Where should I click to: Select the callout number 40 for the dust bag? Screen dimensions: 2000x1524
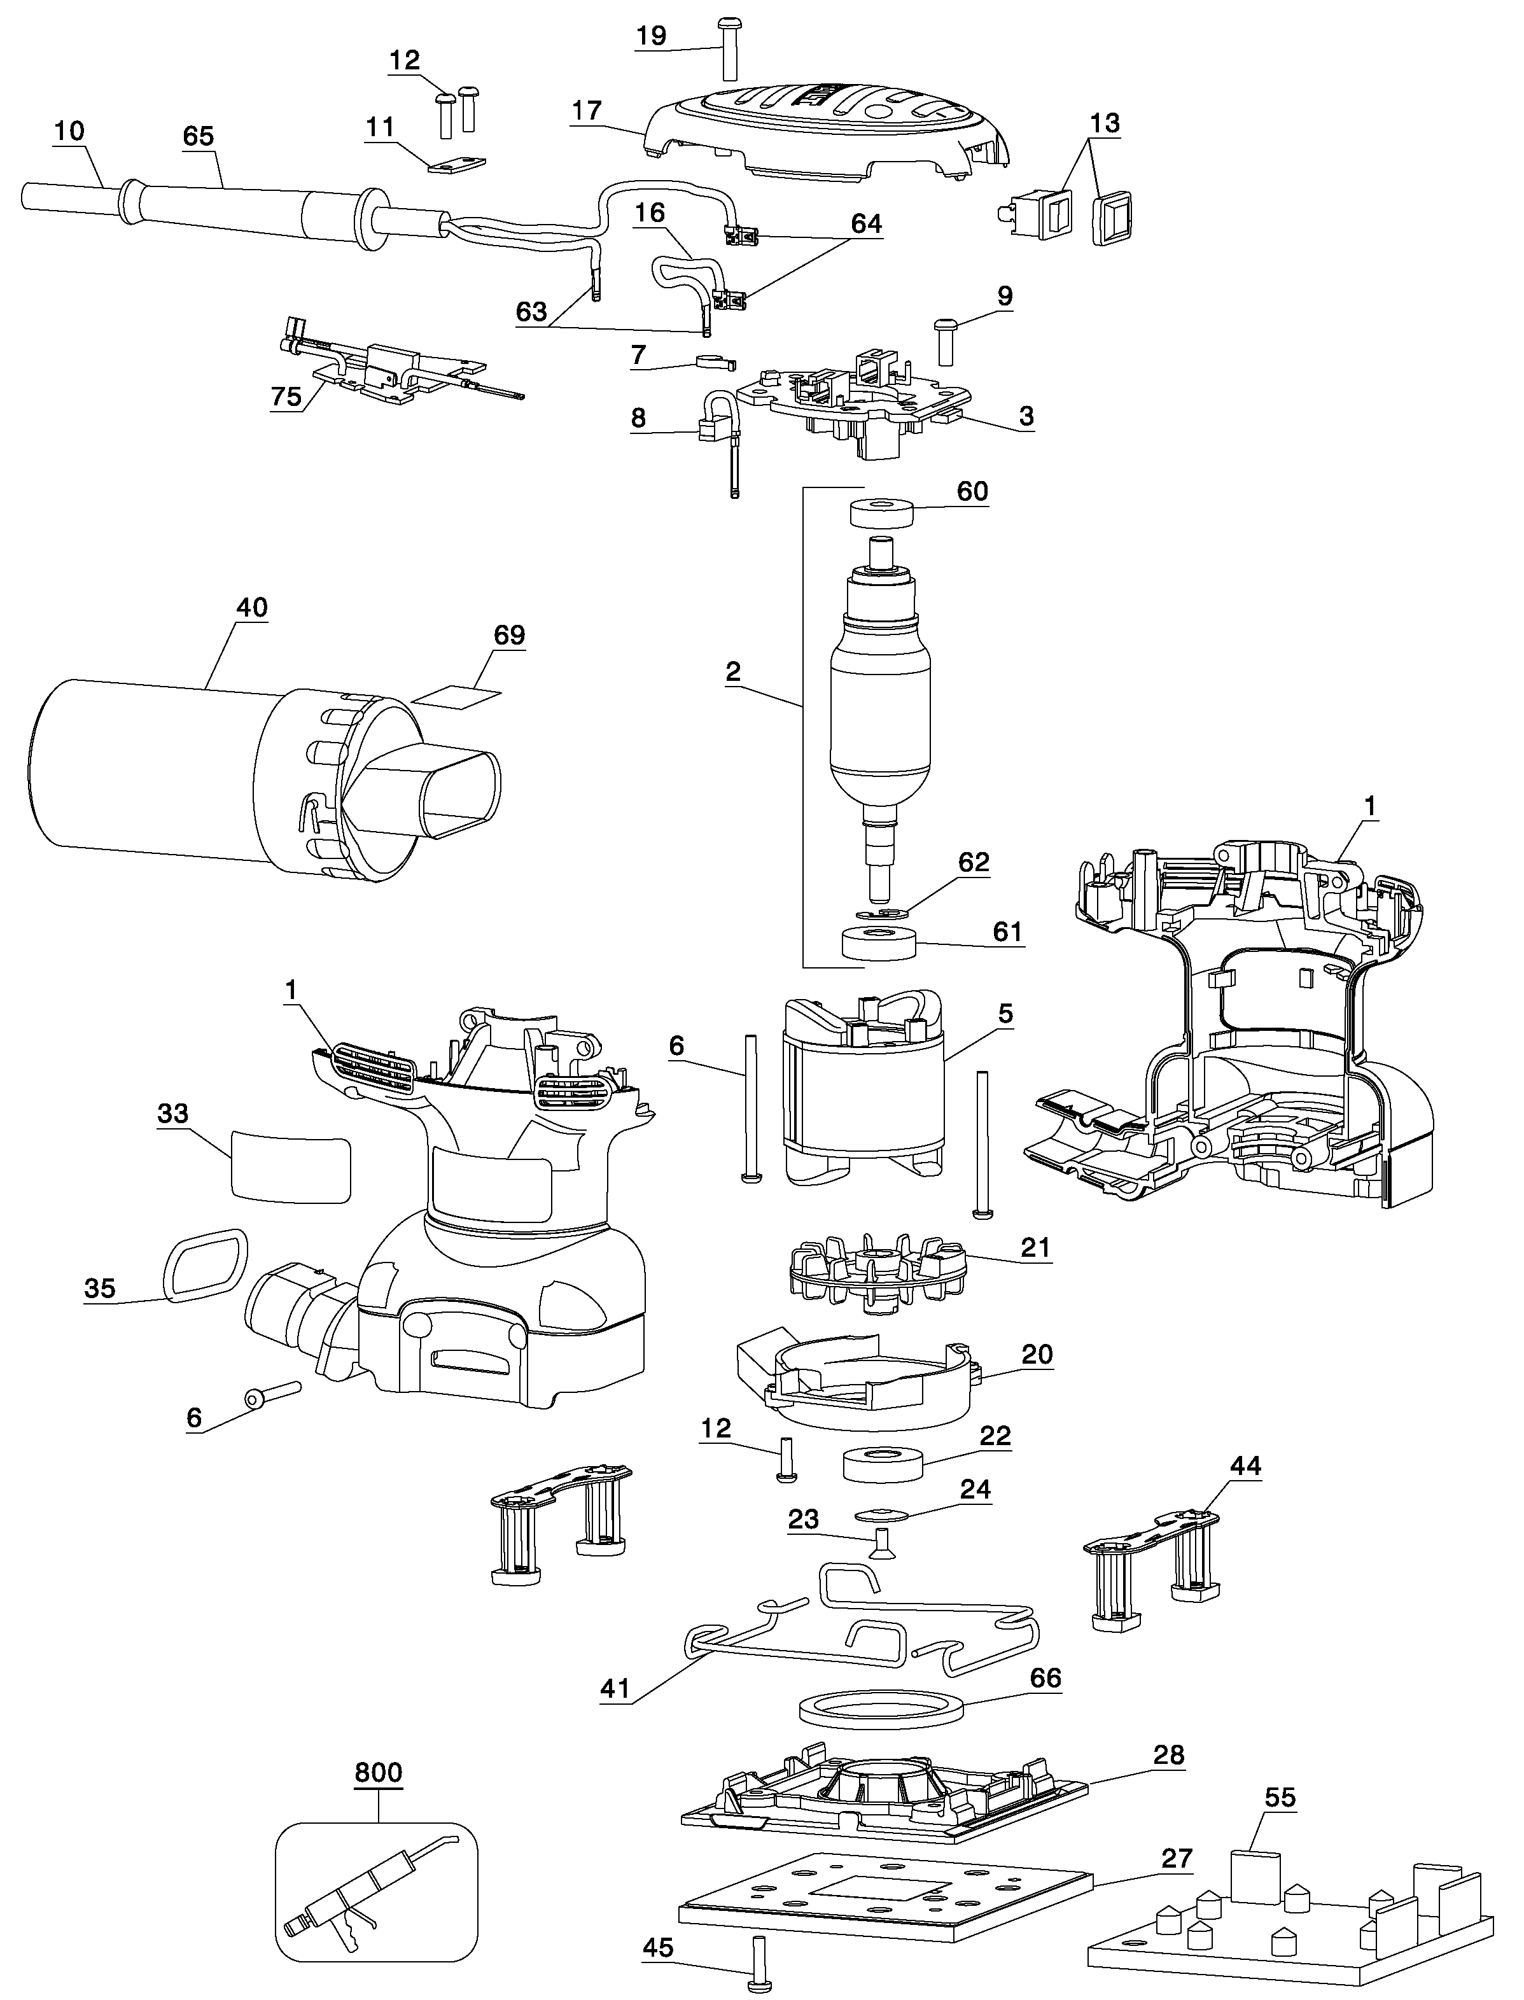click(251, 607)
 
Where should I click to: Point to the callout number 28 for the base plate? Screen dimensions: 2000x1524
click(1168, 1754)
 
